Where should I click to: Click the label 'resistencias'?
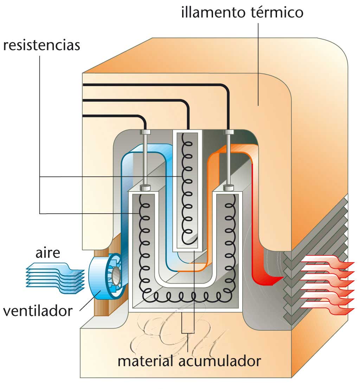click(41, 46)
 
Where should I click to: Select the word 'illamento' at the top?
click(210, 13)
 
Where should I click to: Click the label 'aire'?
click(48, 253)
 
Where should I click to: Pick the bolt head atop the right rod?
click(229, 132)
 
